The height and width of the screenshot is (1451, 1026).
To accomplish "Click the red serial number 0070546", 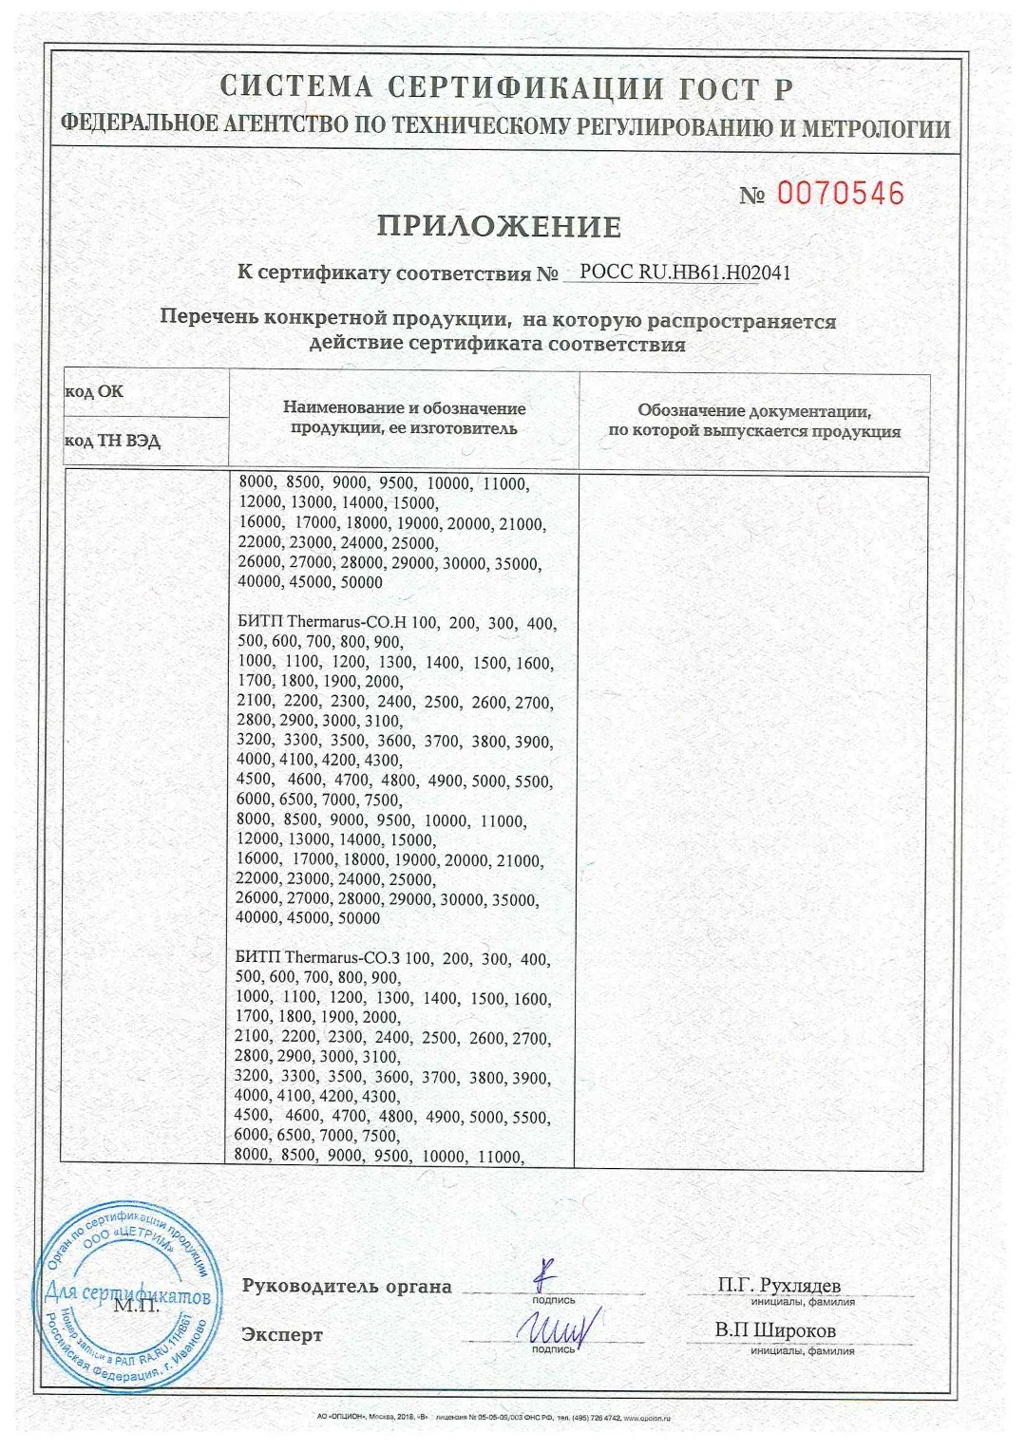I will [x=841, y=194].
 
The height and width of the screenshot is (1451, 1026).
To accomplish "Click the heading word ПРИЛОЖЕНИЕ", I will [x=499, y=227].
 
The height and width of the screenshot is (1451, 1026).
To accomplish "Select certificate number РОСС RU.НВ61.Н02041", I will [x=684, y=273].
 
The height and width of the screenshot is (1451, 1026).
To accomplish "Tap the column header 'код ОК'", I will [x=94, y=391].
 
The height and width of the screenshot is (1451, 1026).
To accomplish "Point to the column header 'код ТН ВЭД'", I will [x=112, y=442].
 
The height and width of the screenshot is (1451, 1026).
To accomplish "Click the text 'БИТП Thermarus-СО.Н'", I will [x=322, y=624].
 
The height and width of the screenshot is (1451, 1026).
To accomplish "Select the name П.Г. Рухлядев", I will [x=779, y=1286].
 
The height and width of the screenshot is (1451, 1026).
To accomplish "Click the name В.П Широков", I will [x=775, y=1330].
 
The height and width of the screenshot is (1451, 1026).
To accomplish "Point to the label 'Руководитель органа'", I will [x=347, y=1287].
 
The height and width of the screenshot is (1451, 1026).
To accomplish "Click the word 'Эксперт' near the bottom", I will [x=282, y=1335].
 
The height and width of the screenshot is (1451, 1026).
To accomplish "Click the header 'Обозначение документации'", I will [x=754, y=411].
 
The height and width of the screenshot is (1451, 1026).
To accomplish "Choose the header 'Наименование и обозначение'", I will [x=404, y=408].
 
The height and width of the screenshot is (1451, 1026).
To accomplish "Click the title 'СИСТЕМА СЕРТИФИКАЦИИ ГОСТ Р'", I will [x=506, y=87].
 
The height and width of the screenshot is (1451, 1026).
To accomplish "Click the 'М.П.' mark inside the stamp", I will [x=135, y=1306].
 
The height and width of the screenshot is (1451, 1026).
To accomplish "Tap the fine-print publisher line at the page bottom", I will [x=494, y=1418].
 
